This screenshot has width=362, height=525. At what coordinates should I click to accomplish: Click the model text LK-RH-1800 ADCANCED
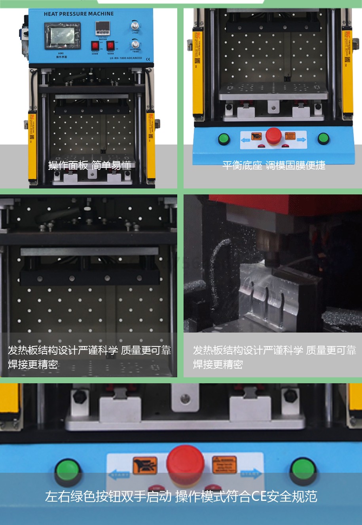click(125, 58)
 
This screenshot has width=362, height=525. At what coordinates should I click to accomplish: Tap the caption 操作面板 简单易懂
click(90, 165)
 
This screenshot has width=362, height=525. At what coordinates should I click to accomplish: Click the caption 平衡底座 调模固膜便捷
click(274, 165)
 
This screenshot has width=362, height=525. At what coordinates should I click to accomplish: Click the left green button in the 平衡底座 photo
click(224, 139)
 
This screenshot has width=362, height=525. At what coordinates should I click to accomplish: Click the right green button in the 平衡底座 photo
click(323, 139)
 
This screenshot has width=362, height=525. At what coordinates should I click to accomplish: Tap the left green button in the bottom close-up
click(68, 471)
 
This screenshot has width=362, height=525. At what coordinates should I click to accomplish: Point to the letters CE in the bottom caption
click(259, 496)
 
